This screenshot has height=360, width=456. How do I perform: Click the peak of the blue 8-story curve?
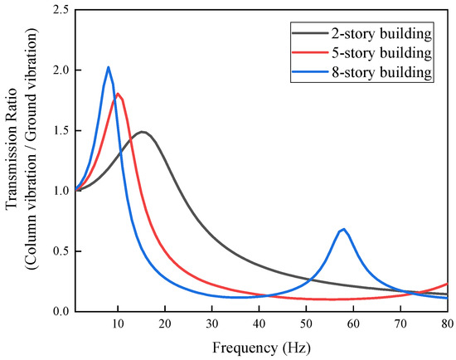click(108, 67)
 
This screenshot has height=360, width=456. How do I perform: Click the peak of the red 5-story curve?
click(119, 94)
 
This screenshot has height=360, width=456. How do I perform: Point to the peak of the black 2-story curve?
click(143, 132)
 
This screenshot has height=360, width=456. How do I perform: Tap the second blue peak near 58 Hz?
click(343, 229)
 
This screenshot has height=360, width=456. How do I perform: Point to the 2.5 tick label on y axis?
click(61, 10)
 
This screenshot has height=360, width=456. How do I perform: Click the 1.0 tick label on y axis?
click(61, 191)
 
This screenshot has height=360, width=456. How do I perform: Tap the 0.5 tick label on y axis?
click(61, 251)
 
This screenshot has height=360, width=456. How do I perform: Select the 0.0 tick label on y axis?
click(61, 311)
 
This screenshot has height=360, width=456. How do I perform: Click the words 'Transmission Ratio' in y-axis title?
click(12, 160)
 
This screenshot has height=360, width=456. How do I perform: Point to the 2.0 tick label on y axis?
click(61, 71)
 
